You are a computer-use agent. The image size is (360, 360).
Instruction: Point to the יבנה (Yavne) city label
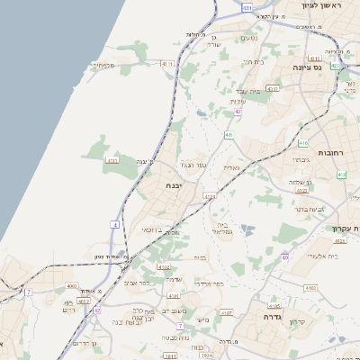click(x=175, y=184)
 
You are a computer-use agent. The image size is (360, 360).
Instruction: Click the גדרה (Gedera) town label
click(x=274, y=317)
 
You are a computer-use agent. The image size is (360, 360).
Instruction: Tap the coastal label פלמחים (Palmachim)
click(x=100, y=65)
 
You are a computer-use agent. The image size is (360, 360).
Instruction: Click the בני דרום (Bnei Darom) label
click(x=83, y=344)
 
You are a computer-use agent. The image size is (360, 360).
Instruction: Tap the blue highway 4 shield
click(x=115, y=223)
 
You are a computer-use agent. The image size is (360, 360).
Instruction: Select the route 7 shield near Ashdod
click(x=29, y=292)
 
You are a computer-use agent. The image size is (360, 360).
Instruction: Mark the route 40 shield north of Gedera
click(x=283, y=257)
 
